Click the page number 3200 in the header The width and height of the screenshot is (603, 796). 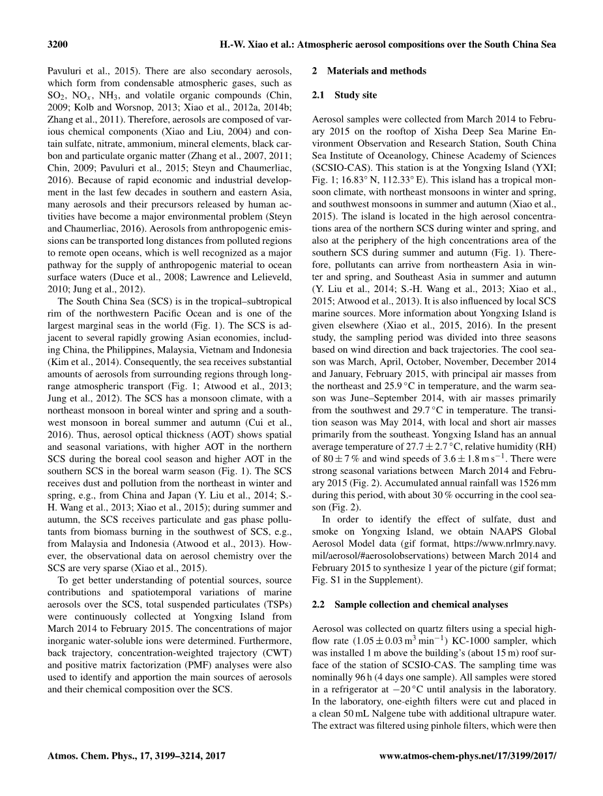tap(59, 44)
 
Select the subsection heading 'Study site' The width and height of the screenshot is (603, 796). tap(355, 95)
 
